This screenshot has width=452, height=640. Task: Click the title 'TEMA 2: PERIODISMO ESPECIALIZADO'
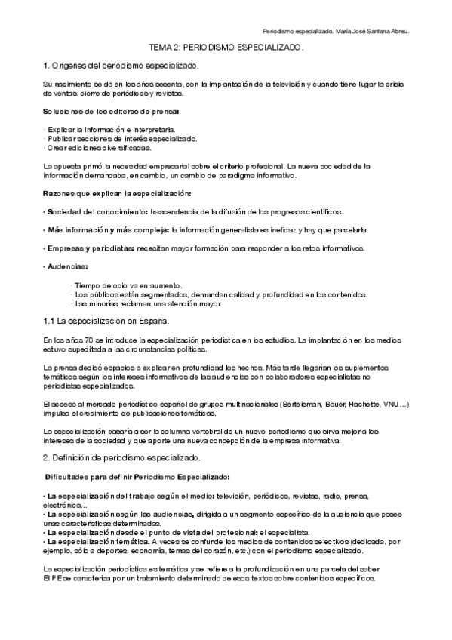[226, 47]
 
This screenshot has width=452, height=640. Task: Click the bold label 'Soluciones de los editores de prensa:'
[111, 112]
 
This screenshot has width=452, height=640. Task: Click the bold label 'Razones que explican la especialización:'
[116, 194]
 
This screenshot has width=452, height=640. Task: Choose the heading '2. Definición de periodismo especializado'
[121, 458]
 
